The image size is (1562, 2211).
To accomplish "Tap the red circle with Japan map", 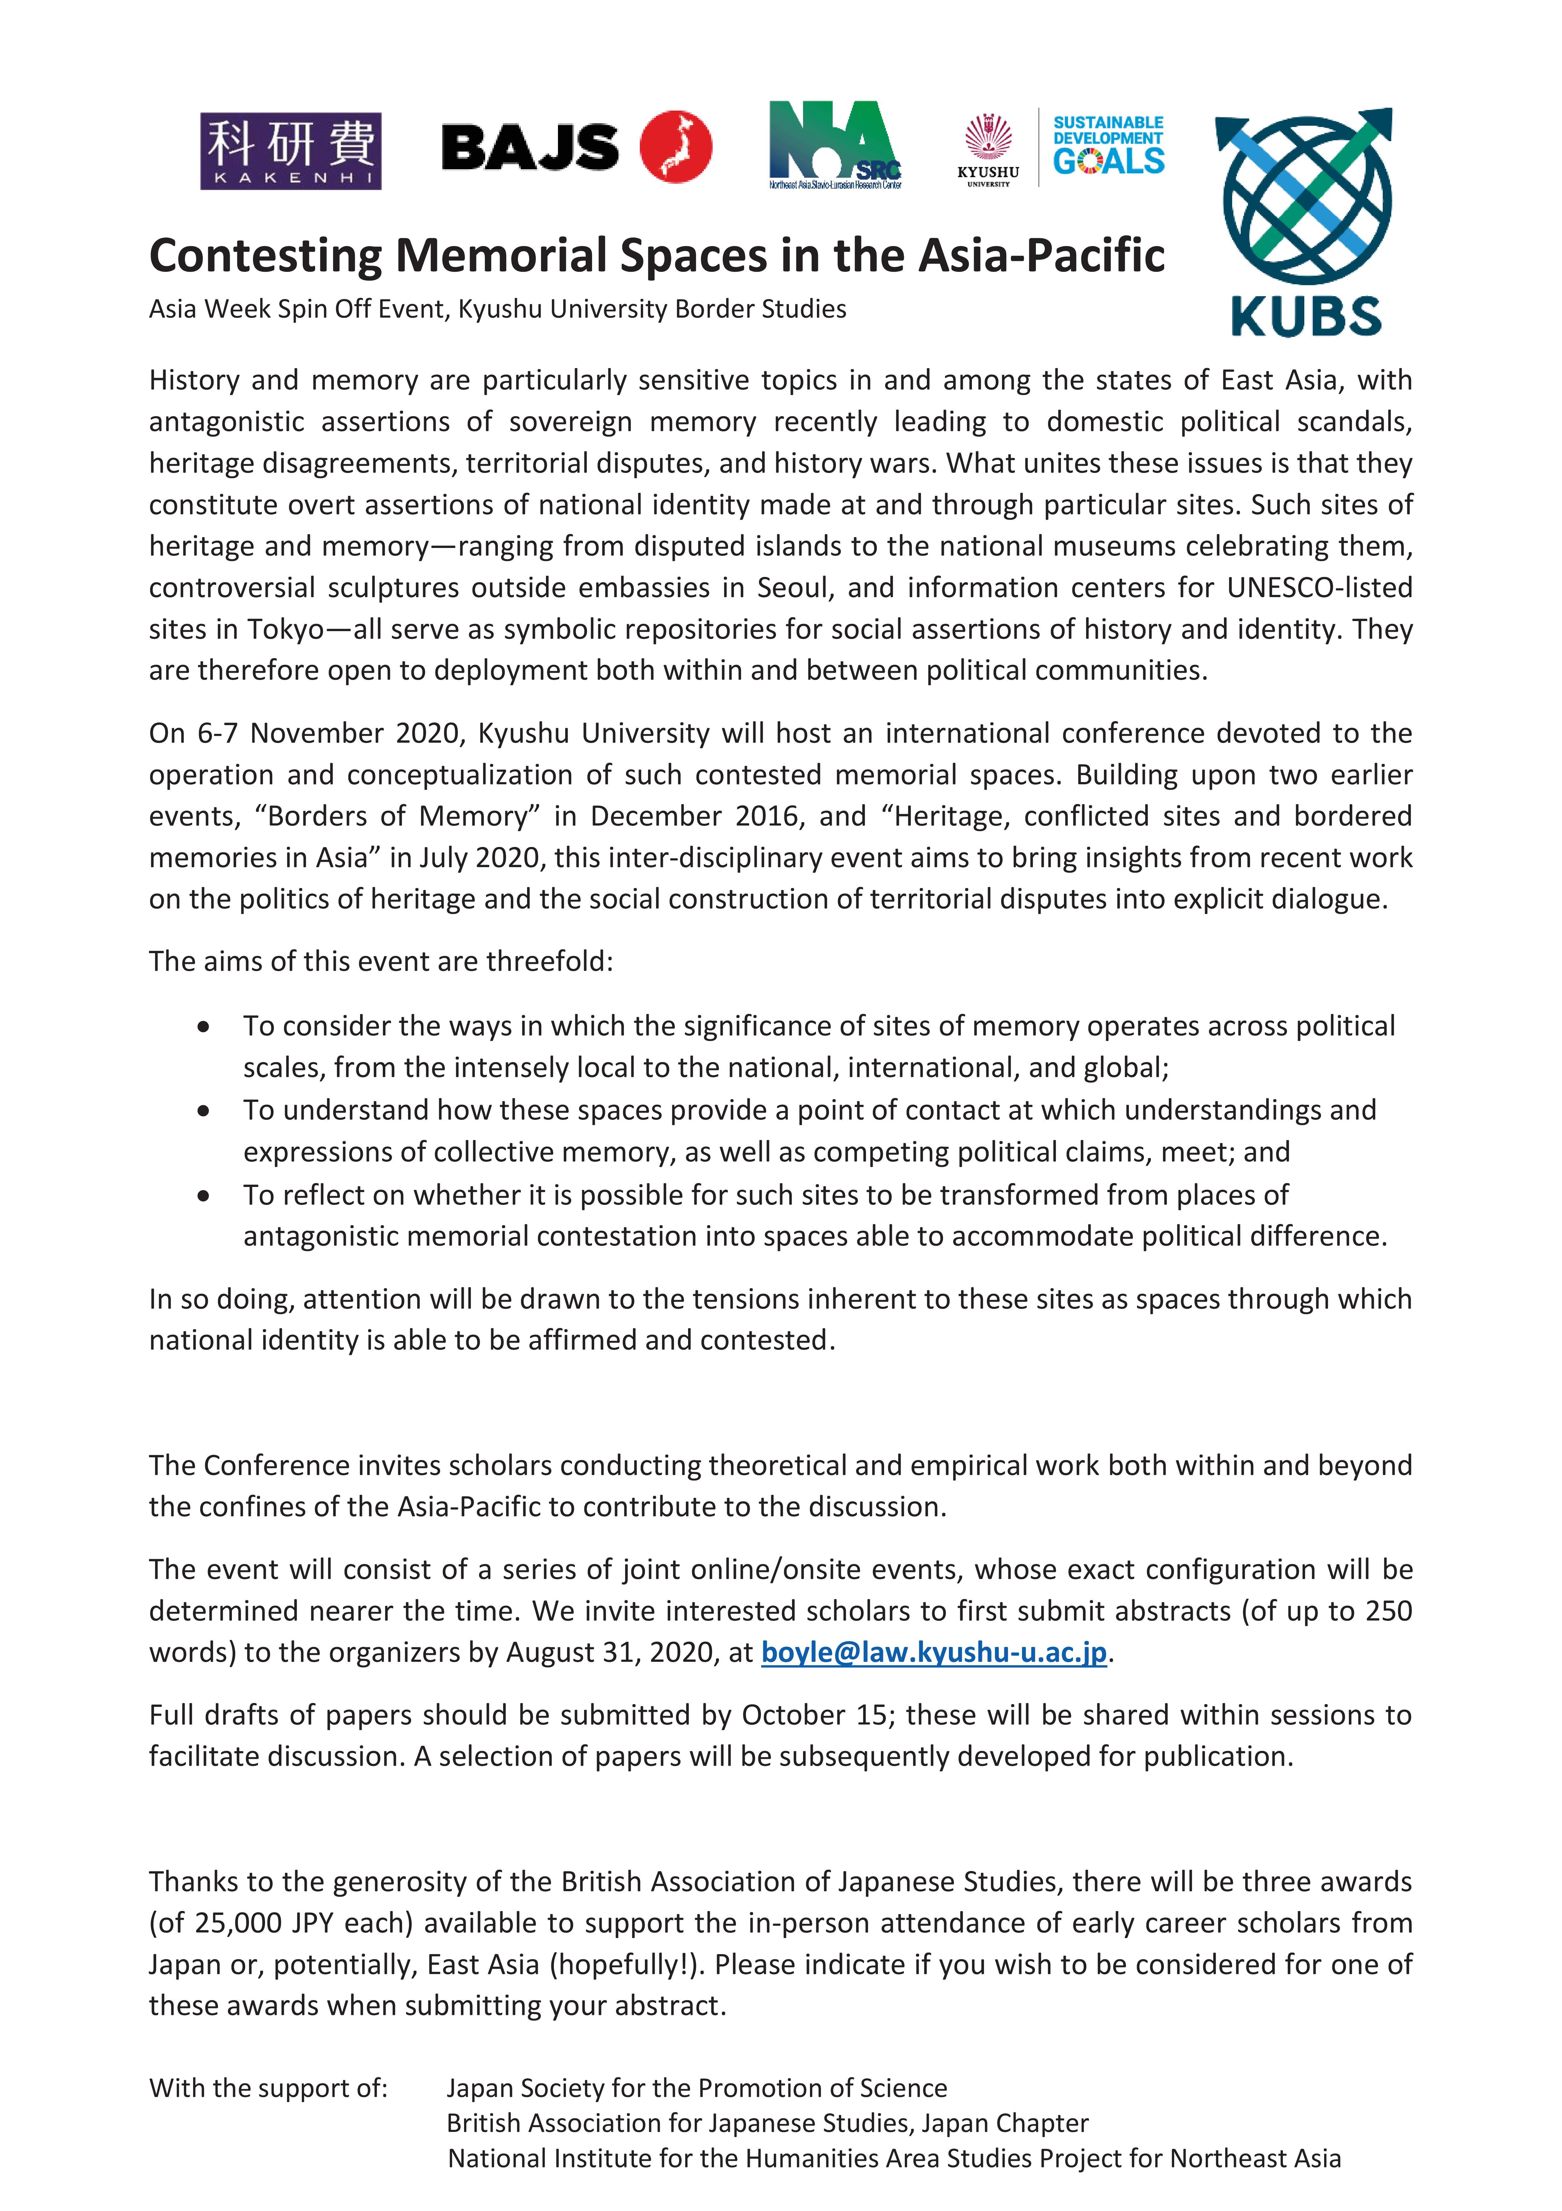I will [x=676, y=147].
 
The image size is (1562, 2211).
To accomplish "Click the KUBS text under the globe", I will [x=1306, y=316].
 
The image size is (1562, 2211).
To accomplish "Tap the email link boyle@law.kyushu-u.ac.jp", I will [x=933, y=1651].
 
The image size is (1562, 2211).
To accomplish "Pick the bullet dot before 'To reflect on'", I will [x=203, y=1196].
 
